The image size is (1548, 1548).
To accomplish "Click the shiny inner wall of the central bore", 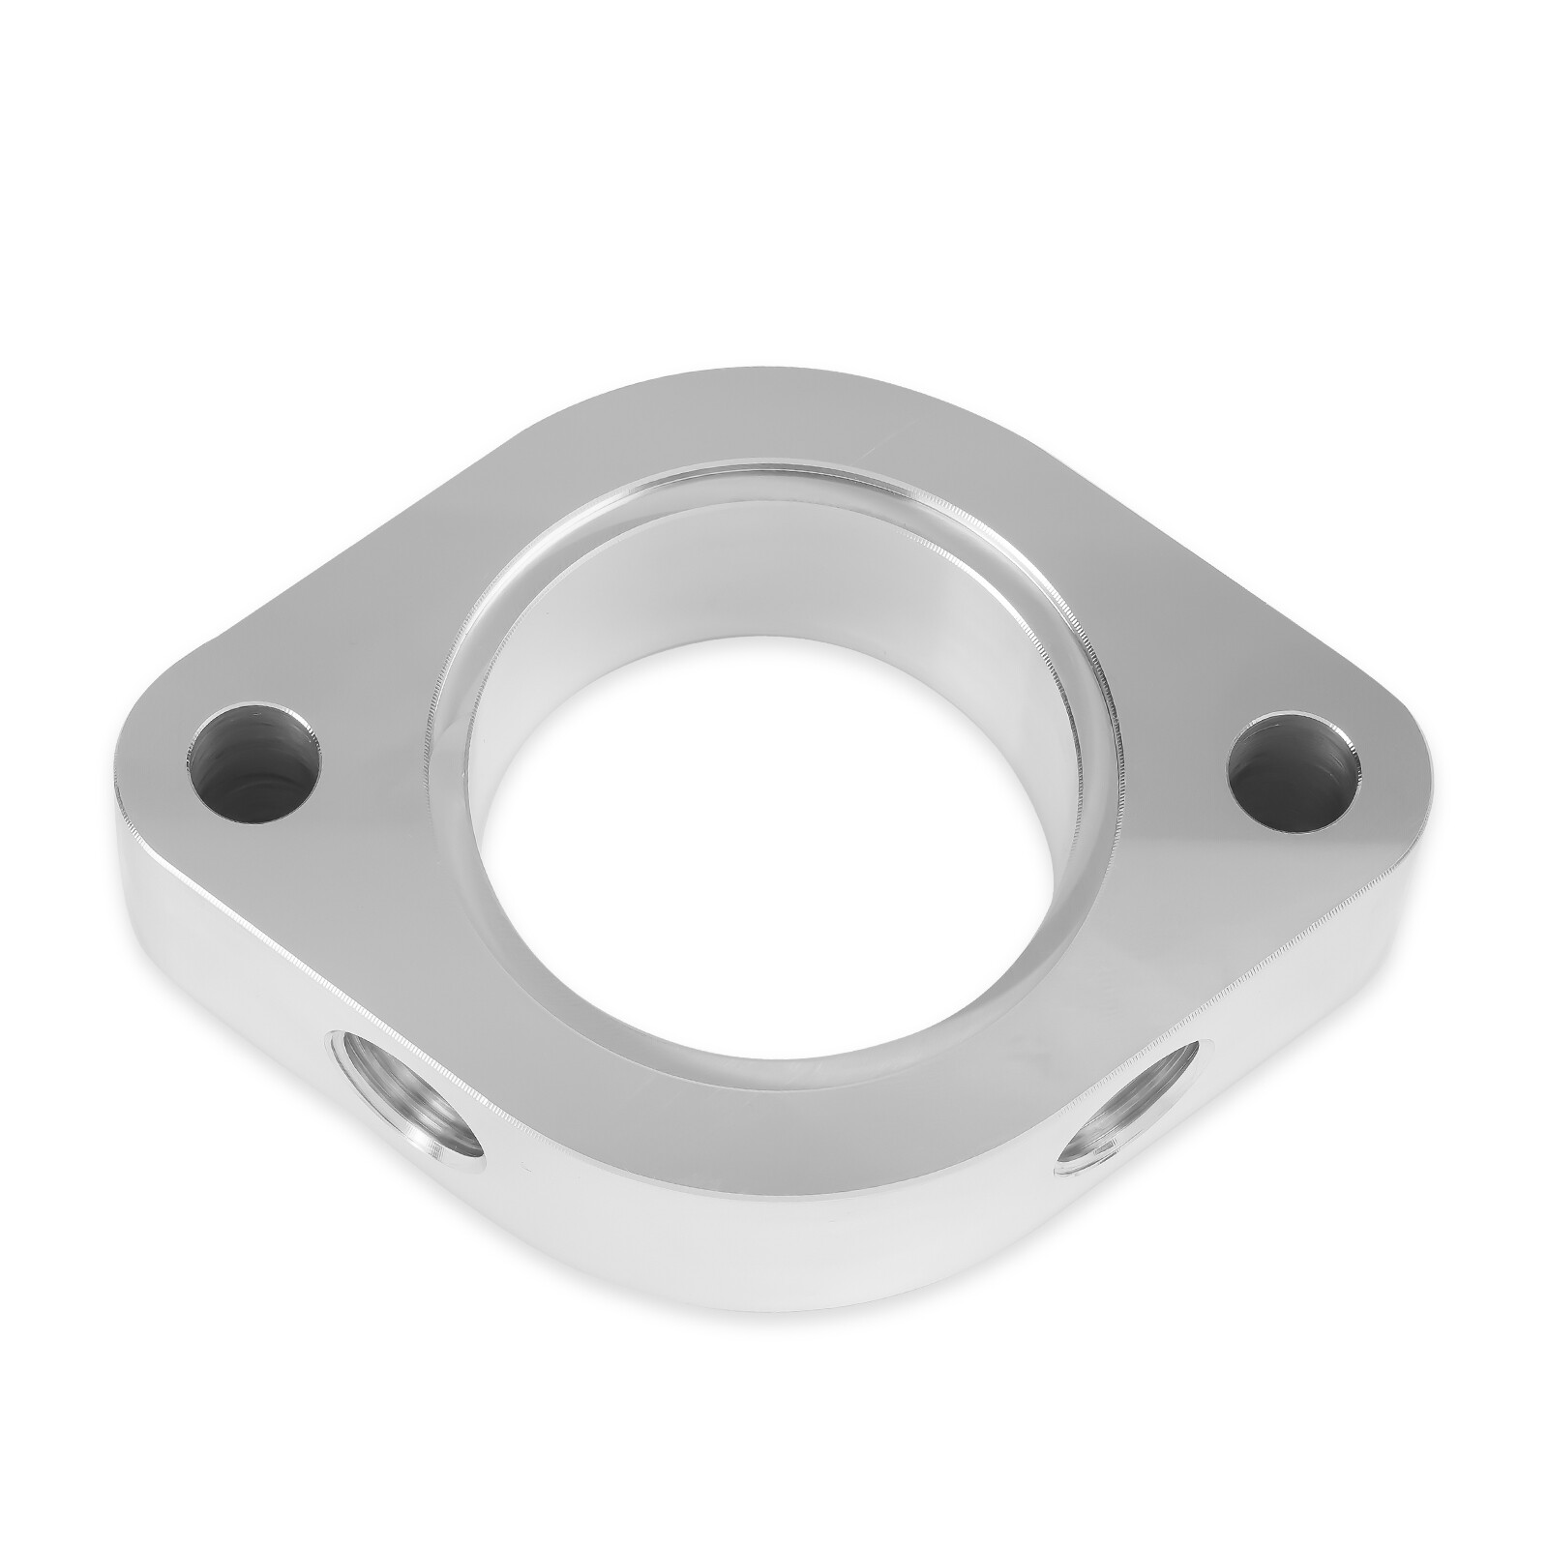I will click(774, 580).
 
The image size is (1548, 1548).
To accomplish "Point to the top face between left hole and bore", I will click(387, 735).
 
